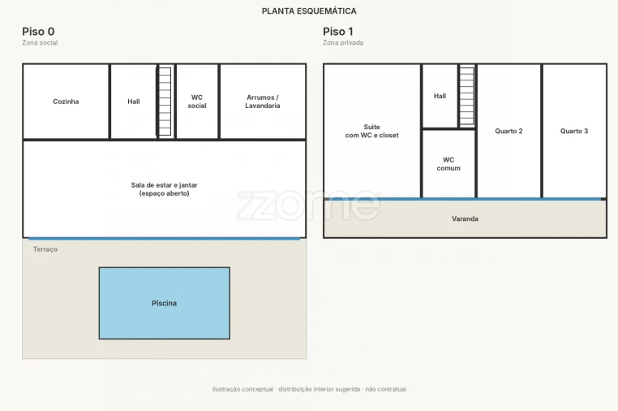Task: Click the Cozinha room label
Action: point(66,102)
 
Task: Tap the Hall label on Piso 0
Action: point(134,102)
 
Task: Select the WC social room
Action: point(197,102)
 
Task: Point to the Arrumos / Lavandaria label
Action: point(263,102)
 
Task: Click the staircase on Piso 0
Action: point(165,102)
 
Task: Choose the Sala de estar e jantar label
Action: point(165,189)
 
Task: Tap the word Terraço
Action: point(45,249)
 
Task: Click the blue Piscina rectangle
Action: point(165,303)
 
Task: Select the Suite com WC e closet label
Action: point(372,131)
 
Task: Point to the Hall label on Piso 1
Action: point(440,96)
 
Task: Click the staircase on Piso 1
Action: point(466,97)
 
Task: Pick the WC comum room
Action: point(448,164)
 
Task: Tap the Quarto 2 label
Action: point(509,131)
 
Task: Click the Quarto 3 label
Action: point(574,131)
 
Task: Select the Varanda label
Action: point(465,218)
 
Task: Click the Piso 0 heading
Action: point(38,32)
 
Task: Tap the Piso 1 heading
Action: point(338,32)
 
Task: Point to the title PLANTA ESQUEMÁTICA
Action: point(309,11)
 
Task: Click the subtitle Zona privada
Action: point(343,42)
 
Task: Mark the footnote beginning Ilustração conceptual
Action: point(309,389)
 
